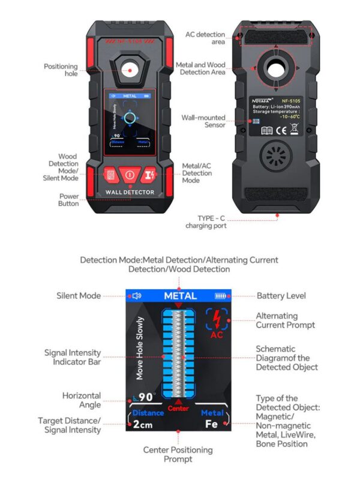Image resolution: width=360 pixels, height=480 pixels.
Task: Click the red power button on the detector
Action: pos(130,175)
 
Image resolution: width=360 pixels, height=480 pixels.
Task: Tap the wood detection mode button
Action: pos(110,175)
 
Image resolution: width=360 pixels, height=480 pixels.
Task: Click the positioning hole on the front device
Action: pos(130,70)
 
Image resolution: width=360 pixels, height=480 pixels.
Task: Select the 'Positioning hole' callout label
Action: pos(61,70)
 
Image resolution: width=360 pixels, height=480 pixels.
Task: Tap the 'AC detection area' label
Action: pos(206,39)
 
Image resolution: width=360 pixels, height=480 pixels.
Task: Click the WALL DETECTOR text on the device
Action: pos(130,193)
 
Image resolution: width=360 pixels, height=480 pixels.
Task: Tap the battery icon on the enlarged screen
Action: pos(222,296)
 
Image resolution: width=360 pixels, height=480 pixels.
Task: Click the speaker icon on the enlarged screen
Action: pos(137,296)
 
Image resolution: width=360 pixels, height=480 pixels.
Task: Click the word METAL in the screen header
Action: pos(180,296)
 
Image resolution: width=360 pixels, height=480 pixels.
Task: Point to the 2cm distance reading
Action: pos(143,424)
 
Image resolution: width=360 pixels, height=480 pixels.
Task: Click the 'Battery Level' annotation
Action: pos(281,296)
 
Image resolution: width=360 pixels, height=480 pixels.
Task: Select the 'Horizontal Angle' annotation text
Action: pos(82,400)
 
